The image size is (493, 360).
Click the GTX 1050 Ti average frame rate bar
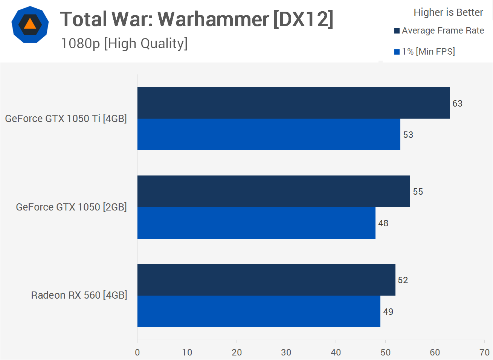point(293,103)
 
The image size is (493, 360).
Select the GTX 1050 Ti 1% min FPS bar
point(269,134)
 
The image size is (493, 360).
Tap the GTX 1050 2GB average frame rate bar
point(273,191)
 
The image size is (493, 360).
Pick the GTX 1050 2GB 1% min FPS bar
point(256,223)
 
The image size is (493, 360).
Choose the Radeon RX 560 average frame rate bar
point(266,280)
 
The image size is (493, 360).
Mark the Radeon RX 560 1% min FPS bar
point(259,311)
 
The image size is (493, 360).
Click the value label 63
point(457,104)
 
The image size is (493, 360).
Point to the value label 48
point(383,223)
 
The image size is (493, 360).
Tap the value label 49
point(388,312)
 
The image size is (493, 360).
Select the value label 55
point(418,192)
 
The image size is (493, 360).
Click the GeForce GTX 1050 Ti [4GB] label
point(66,119)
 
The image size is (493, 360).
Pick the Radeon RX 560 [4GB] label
point(79,295)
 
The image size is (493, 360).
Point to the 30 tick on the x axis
point(286,352)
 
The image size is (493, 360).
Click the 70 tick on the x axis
point(484,352)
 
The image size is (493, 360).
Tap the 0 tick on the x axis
point(137,352)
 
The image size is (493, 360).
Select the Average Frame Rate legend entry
point(439,31)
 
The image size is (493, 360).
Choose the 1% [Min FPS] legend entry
point(424,52)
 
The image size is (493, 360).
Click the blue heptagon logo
point(30,24)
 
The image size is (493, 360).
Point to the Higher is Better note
point(448,12)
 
